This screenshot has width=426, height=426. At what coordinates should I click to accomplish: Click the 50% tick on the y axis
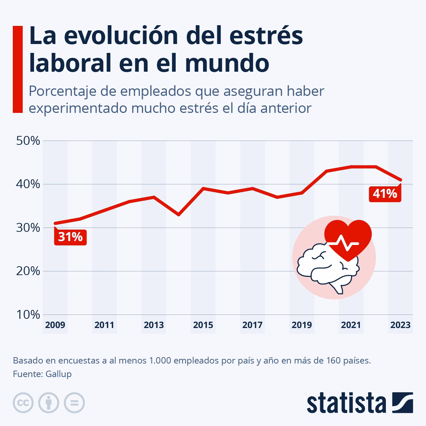[28, 141]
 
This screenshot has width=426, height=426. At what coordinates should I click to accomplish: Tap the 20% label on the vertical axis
[28, 271]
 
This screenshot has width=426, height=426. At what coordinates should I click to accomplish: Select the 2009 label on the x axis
[55, 325]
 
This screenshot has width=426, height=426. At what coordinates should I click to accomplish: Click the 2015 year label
[203, 325]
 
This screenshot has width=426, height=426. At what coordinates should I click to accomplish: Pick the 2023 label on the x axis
[400, 325]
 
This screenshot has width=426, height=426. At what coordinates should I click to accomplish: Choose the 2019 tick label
[301, 325]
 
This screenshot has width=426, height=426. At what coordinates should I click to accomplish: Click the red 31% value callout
[70, 237]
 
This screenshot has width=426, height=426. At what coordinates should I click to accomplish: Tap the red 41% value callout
[385, 194]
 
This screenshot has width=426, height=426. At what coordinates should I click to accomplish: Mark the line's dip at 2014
[179, 215]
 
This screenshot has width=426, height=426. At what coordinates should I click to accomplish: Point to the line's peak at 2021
[351, 166]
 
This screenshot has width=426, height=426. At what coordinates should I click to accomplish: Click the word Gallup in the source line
[59, 374]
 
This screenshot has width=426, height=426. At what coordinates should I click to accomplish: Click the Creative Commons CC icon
[23, 403]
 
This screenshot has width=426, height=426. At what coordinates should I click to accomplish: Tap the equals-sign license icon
[74, 403]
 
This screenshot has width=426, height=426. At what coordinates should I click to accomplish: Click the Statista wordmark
[346, 403]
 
